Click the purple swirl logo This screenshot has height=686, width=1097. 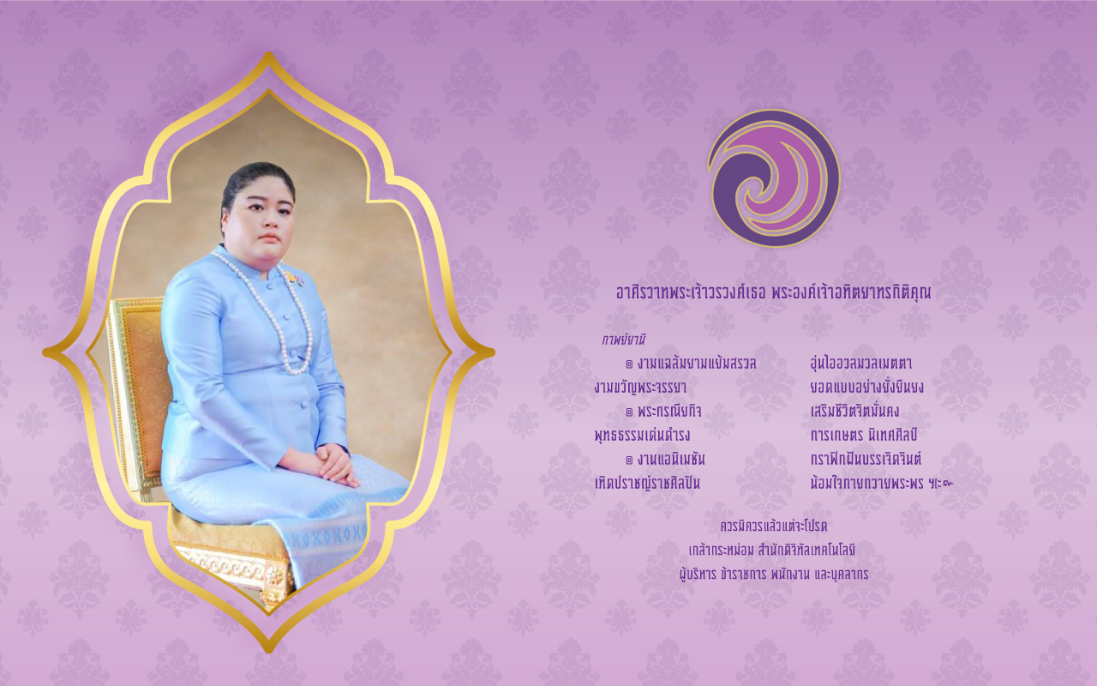[774, 178]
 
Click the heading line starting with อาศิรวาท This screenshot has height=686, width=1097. [774, 292]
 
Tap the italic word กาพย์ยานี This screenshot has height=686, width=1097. [623, 339]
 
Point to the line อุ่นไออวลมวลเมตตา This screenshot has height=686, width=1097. [861, 363]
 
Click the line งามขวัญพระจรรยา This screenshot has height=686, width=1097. [640, 387]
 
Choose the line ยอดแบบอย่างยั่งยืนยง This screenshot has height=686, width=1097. [866, 387]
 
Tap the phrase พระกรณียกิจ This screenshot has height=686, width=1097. [669, 411]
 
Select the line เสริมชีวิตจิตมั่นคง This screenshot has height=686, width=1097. [854, 411]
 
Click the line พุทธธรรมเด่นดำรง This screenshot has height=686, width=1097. [643, 435]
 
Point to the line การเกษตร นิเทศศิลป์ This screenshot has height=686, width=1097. [864, 434]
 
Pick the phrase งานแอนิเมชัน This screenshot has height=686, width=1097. [671, 459]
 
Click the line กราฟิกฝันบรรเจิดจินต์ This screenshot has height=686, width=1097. [866, 459]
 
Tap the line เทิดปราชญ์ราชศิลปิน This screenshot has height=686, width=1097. [647, 483]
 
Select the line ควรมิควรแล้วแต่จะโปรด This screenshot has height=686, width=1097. [774, 527]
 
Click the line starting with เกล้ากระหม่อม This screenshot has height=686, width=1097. [772, 550]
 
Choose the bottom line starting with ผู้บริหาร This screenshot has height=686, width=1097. [774, 574]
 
